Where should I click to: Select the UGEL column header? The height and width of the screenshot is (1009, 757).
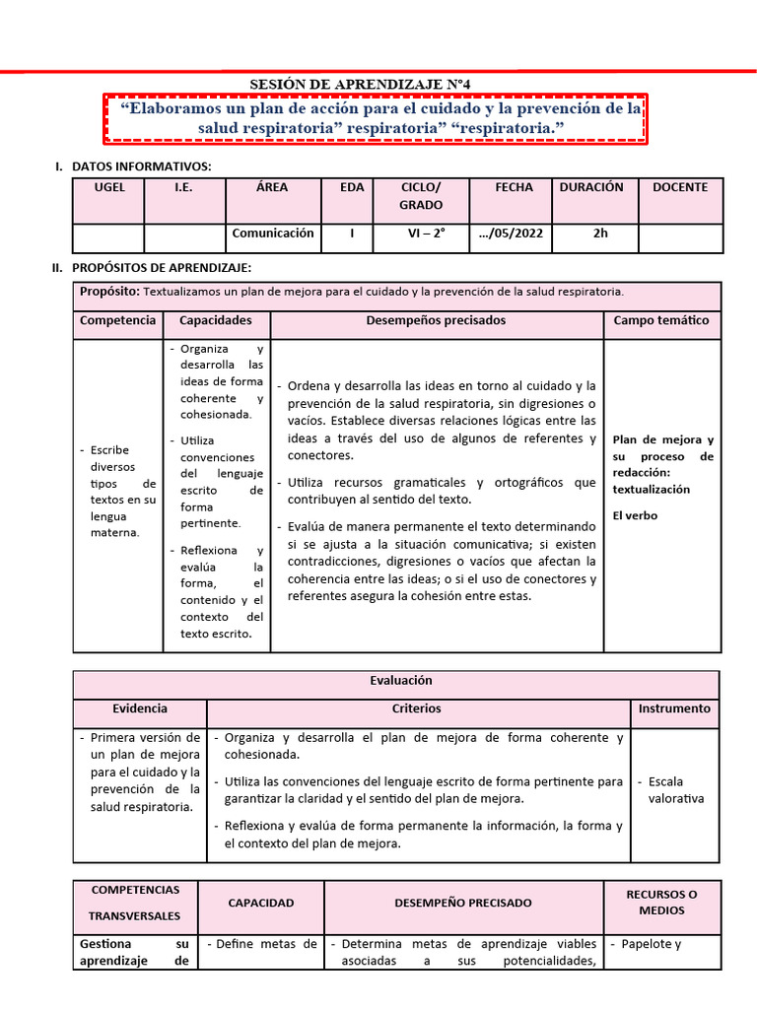[108, 187]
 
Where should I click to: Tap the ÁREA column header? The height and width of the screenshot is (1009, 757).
[272, 187]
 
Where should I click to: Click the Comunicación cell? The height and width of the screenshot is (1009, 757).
[272, 234]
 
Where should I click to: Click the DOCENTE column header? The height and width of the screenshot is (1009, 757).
[680, 187]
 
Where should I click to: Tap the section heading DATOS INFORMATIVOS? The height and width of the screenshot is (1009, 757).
[141, 166]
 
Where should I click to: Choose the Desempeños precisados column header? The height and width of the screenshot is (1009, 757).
[436, 320]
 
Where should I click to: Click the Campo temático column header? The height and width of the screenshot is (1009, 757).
[660, 320]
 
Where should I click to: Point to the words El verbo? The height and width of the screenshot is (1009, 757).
[635, 515]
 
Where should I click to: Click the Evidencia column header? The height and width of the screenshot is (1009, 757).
[140, 708]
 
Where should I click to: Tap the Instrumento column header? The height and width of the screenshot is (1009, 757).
[674, 708]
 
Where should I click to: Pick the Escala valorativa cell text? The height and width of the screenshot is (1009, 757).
[676, 789]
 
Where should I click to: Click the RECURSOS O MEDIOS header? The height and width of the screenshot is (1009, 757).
[661, 902]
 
